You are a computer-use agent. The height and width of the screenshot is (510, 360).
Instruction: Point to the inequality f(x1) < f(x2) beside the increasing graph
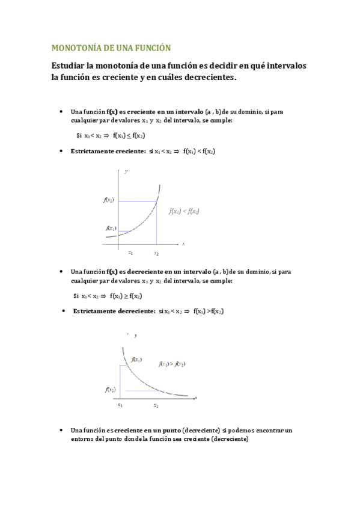pyautogui.click(x=184, y=211)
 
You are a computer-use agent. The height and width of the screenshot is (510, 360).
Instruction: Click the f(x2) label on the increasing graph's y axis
pyautogui.click(x=109, y=200)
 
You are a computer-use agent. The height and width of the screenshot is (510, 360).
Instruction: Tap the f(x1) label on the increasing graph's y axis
pyautogui.click(x=111, y=228)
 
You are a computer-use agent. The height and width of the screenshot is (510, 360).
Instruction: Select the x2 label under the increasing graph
pyautogui.click(x=156, y=253)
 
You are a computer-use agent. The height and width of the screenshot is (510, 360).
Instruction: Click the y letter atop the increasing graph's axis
pyautogui.click(x=126, y=172)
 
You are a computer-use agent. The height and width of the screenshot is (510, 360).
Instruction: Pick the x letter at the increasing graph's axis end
pyautogui.click(x=183, y=244)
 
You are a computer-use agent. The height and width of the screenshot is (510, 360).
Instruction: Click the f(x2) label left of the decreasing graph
pyautogui.click(x=109, y=389)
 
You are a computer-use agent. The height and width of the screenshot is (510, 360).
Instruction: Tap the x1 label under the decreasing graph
pyautogui.click(x=120, y=405)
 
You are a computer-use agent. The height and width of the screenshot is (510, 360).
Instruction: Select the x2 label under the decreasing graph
pyautogui.click(x=156, y=405)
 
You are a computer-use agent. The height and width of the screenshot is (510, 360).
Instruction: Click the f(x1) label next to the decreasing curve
pyautogui.click(x=136, y=359)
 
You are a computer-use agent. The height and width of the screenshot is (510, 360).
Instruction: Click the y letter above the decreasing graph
pyautogui.click(x=135, y=335)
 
